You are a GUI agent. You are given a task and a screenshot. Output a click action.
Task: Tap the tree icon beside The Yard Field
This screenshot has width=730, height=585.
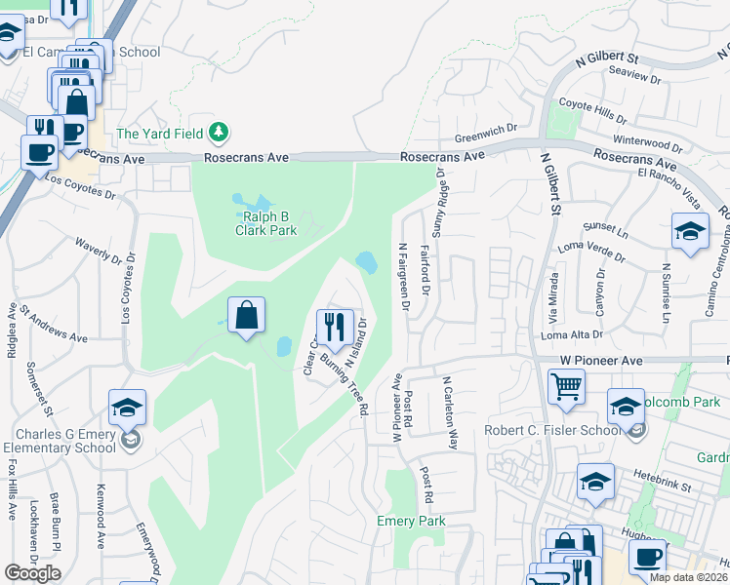click(221, 132)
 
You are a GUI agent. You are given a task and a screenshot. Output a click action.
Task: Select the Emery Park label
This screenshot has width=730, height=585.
click(411, 522)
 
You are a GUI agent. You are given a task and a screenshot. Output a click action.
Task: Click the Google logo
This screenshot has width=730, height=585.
click(32, 573)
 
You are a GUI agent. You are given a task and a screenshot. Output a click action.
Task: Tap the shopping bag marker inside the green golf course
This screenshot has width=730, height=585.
click(247, 316)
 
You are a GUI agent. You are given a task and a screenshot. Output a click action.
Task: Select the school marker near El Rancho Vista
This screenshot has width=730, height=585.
click(690, 232)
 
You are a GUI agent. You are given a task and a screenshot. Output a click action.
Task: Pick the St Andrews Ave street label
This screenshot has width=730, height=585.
click(54, 324)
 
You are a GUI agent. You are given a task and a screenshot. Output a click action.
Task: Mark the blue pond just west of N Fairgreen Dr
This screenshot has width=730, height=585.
click(367, 261)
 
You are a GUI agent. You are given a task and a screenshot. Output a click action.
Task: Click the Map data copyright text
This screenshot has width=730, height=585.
click(689, 577)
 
